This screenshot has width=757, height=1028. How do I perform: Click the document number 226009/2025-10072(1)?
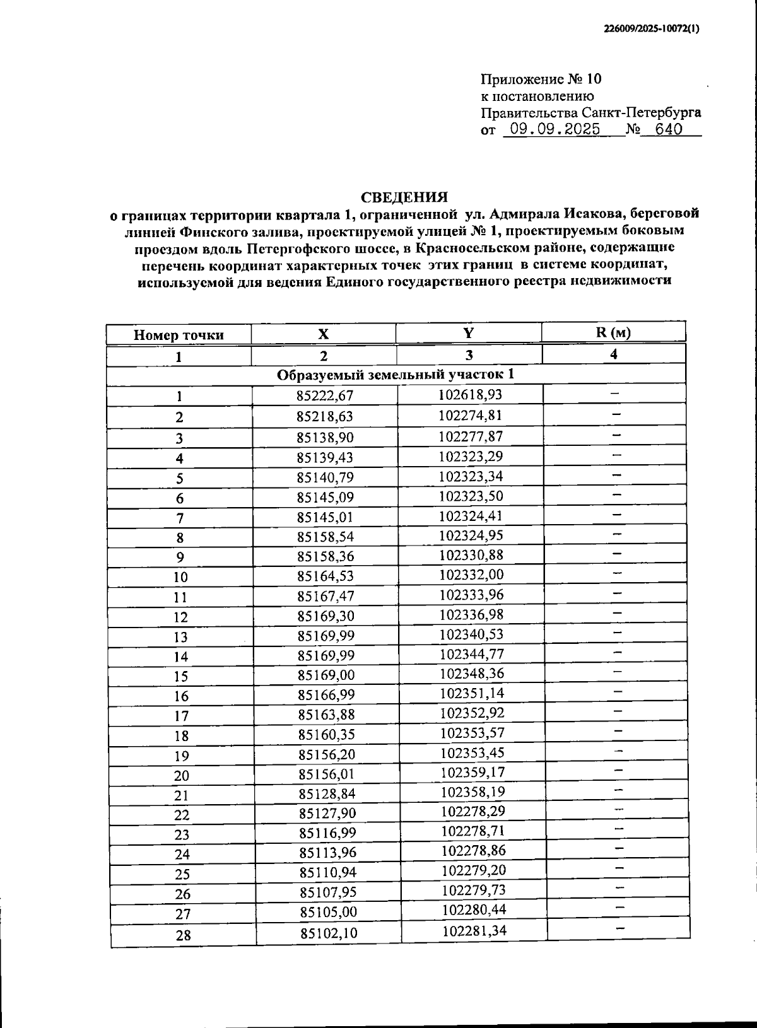coord(652,28)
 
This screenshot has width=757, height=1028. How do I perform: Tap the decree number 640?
coord(669,130)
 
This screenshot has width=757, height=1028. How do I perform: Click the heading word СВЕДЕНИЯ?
coord(404,197)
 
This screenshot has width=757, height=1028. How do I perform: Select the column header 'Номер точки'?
coord(179,335)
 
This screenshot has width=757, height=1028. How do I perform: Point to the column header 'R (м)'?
coord(613,332)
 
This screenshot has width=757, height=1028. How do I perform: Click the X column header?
coord(323,334)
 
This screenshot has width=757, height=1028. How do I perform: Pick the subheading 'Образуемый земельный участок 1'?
coord(396,375)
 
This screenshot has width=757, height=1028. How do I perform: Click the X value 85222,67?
coord(325,396)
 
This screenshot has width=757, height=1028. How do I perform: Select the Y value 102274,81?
coord(469,416)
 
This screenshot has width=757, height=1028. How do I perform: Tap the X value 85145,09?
coord(326,497)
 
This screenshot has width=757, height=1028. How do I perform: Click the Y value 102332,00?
coord(471,575)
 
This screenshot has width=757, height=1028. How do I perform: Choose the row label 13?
coord(180,638)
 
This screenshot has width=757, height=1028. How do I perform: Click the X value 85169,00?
coord(326,675)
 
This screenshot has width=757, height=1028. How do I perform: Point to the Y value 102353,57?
coord(472,733)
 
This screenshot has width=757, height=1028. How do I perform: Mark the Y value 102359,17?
coord(472,772)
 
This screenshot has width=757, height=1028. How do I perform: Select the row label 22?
coord(182,815)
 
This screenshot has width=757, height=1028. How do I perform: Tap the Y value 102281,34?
coord(474,931)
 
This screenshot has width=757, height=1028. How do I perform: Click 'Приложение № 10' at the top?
coord(541,79)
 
